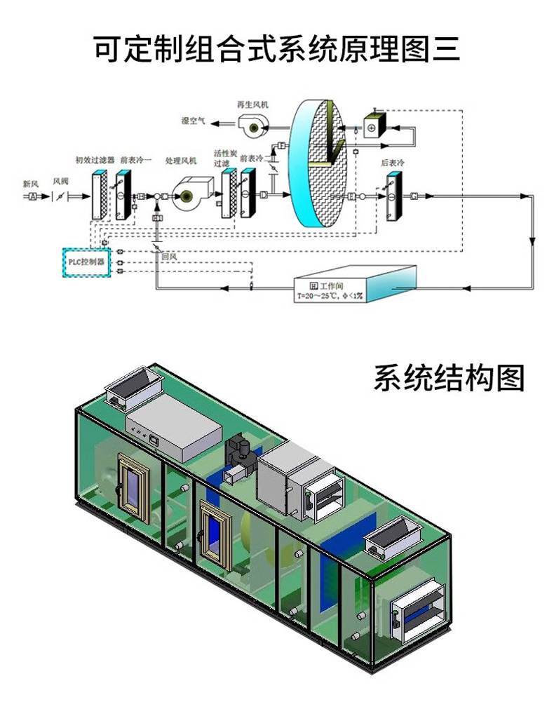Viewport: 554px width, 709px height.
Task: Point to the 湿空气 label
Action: (193, 121)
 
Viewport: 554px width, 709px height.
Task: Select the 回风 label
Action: (168, 257)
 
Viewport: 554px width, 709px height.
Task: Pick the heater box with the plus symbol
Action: (373, 126)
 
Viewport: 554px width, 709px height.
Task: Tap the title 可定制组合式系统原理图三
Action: (277, 49)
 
